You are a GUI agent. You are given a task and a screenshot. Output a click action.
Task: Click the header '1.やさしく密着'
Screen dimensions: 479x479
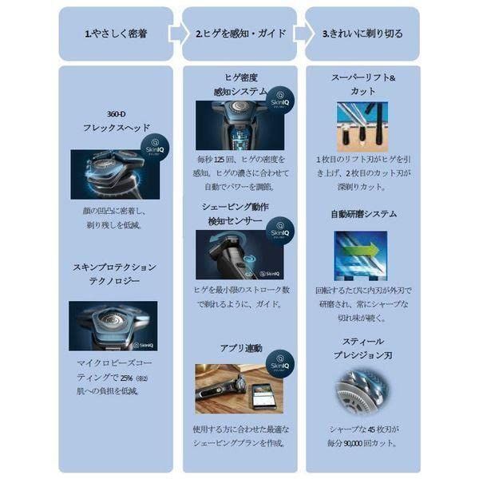[111, 34]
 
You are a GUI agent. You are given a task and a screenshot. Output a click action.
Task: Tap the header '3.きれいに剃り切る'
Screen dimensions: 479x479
[362, 34]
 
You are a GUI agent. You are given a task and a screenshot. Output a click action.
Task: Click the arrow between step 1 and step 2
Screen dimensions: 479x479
[176, 34]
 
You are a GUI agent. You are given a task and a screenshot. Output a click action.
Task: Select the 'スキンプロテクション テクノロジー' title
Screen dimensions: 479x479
[113, 273]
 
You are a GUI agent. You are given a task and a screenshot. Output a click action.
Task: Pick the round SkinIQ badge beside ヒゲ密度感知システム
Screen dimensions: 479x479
[280, 100]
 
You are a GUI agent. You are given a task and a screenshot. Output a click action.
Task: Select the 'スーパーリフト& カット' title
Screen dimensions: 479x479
[362, 85]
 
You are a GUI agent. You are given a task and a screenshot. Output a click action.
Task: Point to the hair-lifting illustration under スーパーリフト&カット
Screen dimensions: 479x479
[362, 126]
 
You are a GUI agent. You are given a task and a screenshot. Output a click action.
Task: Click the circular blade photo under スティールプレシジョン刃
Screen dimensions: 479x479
[362, 392]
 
